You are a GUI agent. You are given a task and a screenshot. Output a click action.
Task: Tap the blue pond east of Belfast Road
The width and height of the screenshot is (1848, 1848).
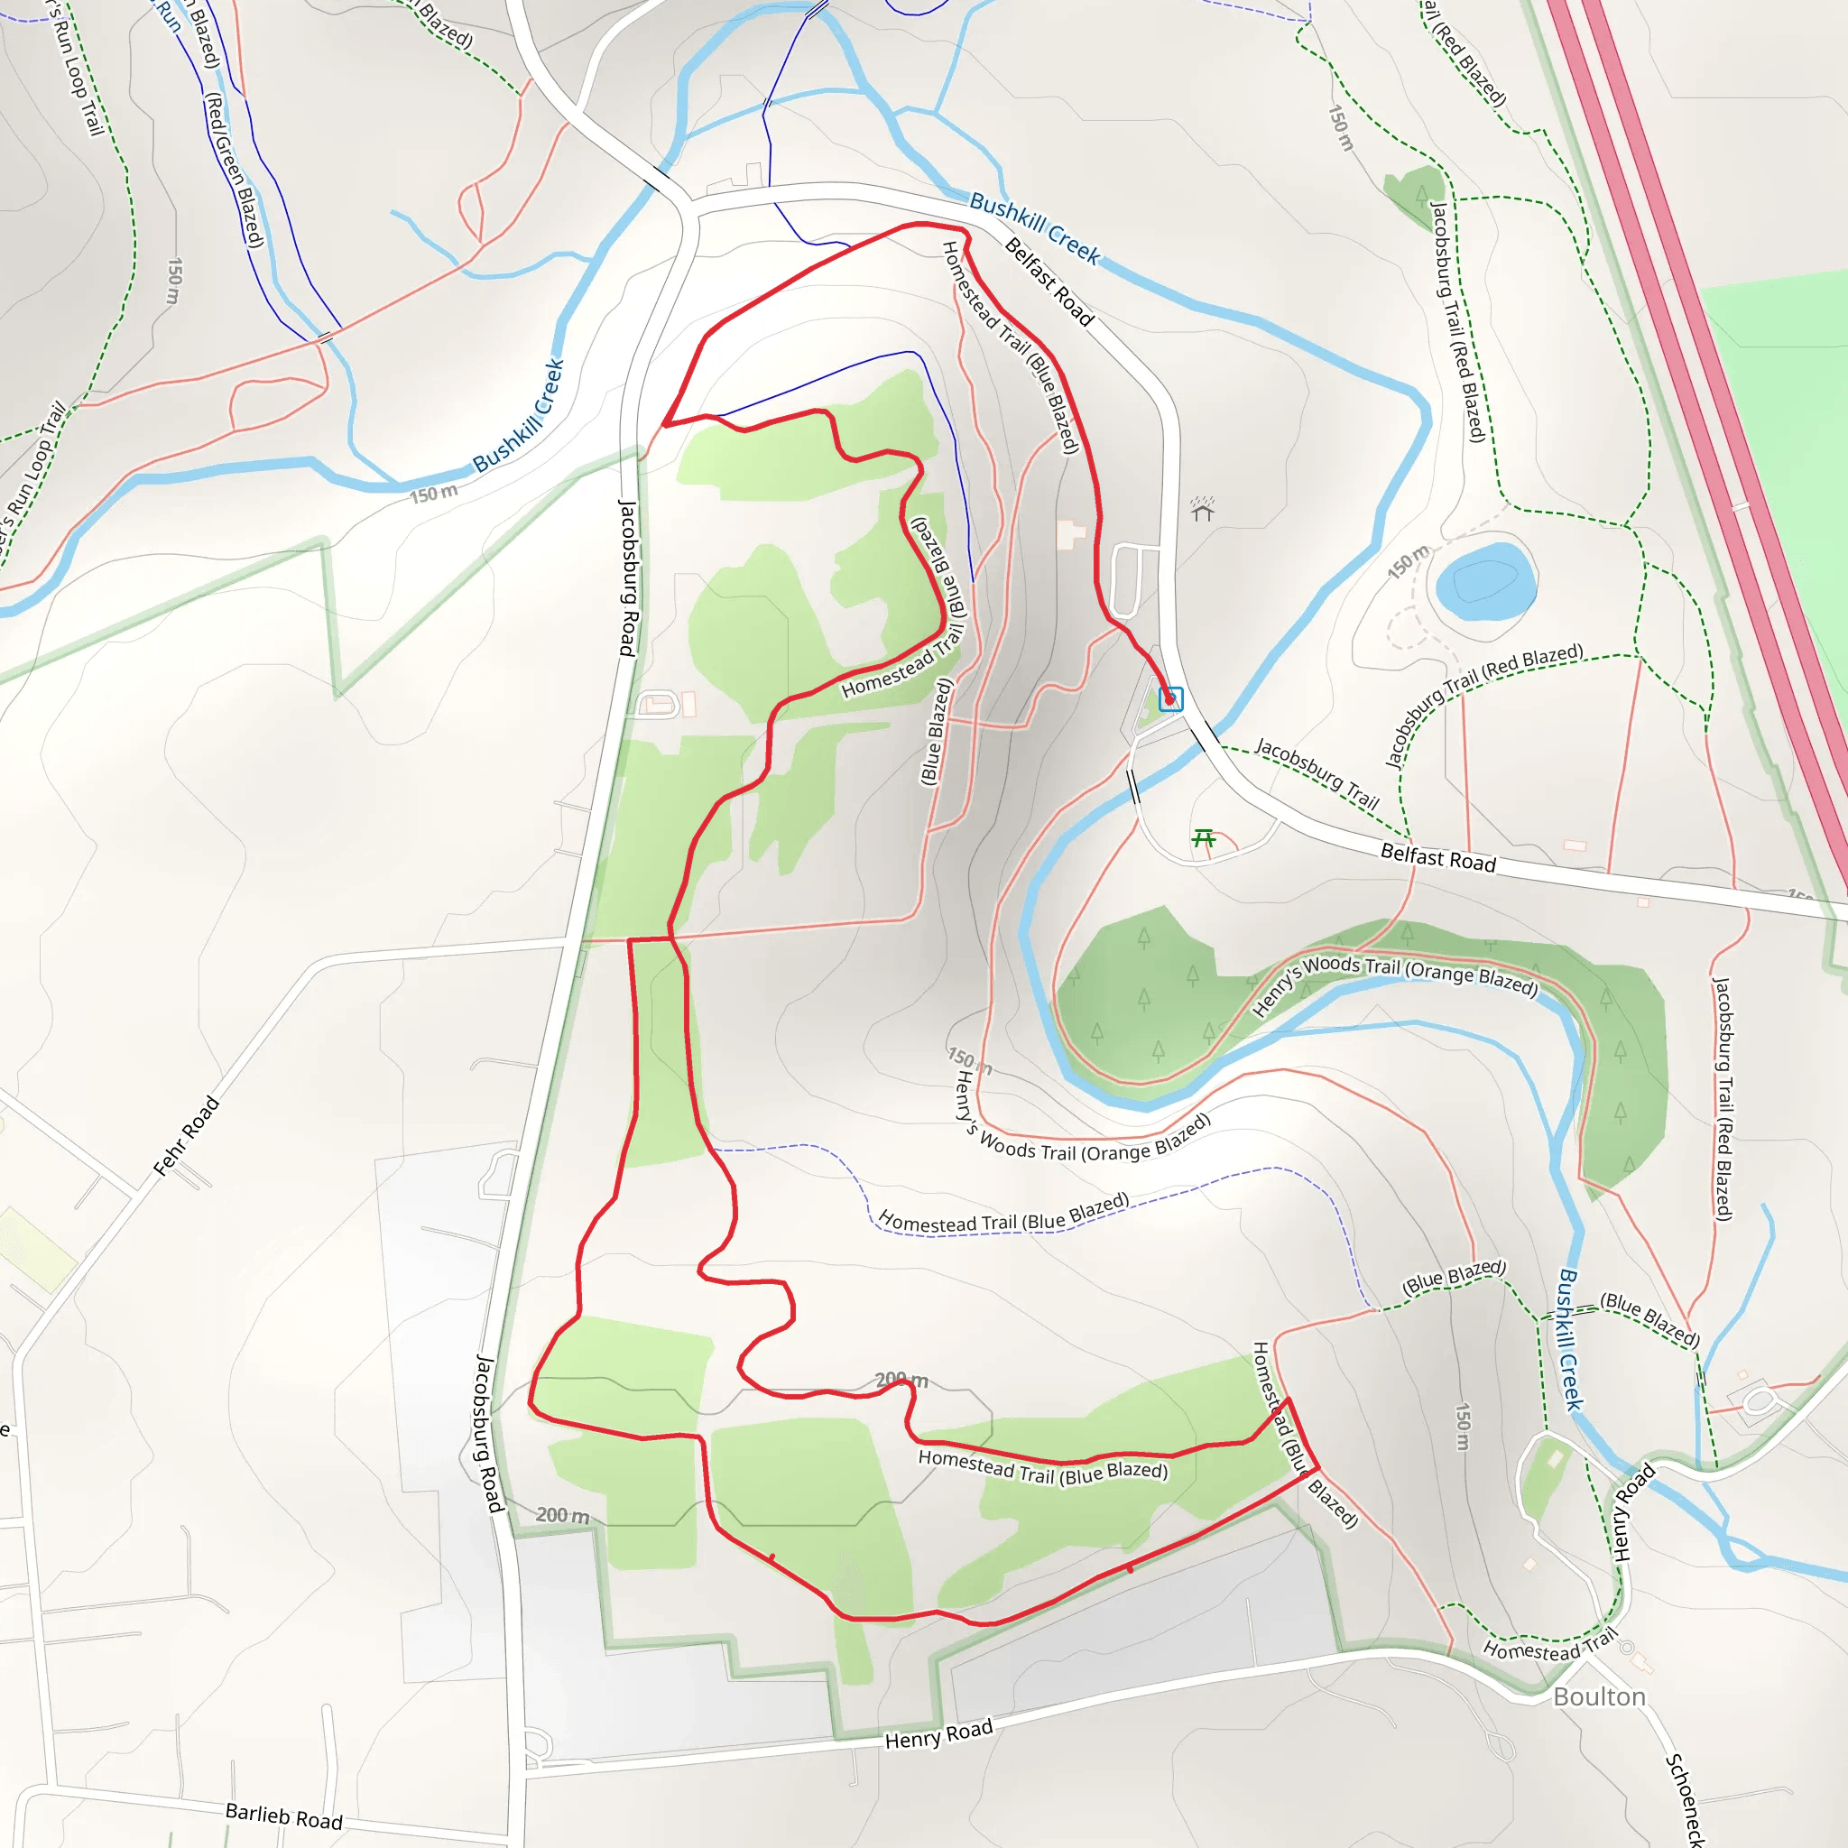1484,580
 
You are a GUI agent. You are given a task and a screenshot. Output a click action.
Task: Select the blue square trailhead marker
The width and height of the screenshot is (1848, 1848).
1169,699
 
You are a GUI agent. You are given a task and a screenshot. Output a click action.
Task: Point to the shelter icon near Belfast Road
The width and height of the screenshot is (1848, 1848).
1202,509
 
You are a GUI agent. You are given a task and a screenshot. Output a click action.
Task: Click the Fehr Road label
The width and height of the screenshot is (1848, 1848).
187,1135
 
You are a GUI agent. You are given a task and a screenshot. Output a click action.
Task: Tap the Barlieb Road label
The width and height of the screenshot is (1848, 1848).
283,1816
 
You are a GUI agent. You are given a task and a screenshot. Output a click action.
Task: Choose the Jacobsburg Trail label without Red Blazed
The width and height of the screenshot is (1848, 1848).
1317,773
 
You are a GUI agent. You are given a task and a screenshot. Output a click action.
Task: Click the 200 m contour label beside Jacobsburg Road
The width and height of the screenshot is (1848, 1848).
561,1514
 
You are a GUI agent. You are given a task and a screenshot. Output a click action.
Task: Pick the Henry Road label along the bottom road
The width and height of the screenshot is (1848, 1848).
938,1733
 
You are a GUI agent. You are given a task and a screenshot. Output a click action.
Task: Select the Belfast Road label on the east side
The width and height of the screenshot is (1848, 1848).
1437,857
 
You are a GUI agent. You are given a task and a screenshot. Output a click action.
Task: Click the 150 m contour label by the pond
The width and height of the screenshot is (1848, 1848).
1408,561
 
